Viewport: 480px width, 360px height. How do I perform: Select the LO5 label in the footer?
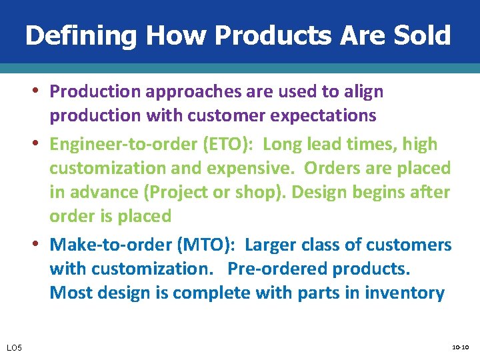pos(14,348)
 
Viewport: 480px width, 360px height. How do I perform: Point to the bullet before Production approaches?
pos(41,91)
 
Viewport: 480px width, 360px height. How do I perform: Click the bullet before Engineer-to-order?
pos(41,144)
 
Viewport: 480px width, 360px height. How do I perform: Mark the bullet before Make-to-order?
pos(41,245)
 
